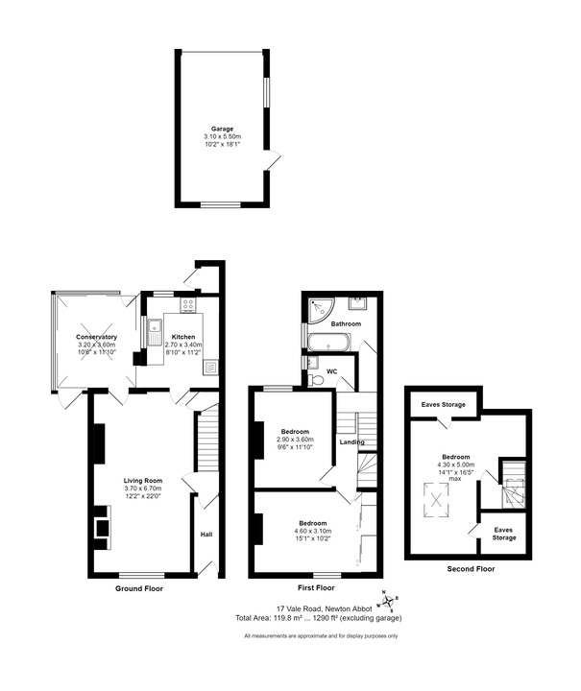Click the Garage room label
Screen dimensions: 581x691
222,129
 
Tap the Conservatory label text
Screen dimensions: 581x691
97,337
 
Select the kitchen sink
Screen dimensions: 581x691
155,332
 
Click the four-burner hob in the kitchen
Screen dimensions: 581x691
188,304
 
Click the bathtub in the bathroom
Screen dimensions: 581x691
329,343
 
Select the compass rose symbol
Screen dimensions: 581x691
387,601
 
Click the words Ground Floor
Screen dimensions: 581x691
139,588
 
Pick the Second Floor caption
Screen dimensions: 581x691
471,569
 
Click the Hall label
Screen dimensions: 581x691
206,535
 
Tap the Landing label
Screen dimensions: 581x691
351,442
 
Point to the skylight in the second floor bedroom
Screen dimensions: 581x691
436,500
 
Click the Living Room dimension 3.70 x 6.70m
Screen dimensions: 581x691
143,488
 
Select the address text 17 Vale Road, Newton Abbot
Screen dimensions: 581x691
325,608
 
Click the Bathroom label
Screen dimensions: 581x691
346,323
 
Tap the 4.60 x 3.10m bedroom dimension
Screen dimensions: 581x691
313,531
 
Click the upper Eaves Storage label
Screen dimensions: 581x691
443,405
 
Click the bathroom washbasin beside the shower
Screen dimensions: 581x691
356,304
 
